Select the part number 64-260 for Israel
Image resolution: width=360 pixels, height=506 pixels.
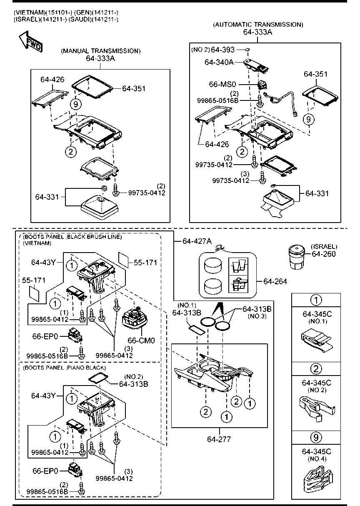point(324,254)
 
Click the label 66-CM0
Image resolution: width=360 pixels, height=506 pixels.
point(141,341)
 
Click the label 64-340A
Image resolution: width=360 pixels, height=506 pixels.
point(219,62)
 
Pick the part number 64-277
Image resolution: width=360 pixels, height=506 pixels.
point(219,439)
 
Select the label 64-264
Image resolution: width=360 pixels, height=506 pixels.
point(275,281)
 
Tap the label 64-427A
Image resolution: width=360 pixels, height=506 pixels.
point(197,241)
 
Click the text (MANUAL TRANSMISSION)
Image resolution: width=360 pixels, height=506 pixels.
point(100,51)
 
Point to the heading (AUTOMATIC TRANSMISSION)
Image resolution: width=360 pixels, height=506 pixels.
point(258,25)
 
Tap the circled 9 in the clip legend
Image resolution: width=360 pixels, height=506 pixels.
point(316,437)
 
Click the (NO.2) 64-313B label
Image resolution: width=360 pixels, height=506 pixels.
point(133,381)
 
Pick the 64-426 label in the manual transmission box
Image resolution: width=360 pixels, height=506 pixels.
point(52,79)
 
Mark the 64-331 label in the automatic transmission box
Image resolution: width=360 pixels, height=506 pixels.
point(317,193)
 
